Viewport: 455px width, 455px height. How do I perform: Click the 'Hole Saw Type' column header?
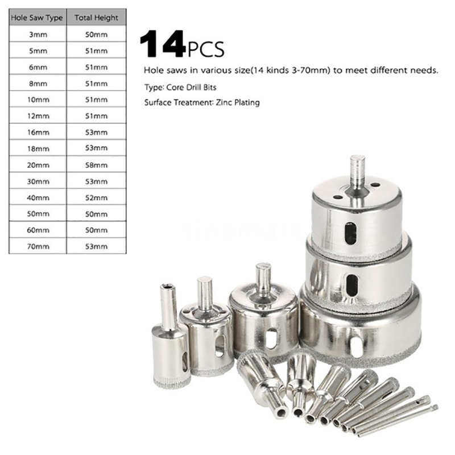pyautogui.click(x=37, y=18)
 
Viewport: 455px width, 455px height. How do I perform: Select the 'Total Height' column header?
pyautogui.click(x=96, y=18)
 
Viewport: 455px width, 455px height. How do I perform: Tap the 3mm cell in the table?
pyautogui.click(x=38, y=35)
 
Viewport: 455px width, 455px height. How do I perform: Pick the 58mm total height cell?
pyautogui.click(x=96, y=165)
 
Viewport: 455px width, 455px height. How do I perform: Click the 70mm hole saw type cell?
pyautogui.click(x=38, y=247)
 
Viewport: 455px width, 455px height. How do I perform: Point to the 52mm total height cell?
pyautogui.click(x=96, y=198)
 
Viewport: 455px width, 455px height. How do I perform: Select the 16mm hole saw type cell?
pyautogui.click(x=38, y=133)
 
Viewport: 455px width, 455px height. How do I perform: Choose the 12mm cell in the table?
pyautogui.click(x=38, y=116)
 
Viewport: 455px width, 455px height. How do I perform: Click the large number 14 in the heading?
pyautogui.click(x=163, y=44)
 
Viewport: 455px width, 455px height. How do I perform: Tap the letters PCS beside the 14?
pyautogui.click(x=206, y=49)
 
